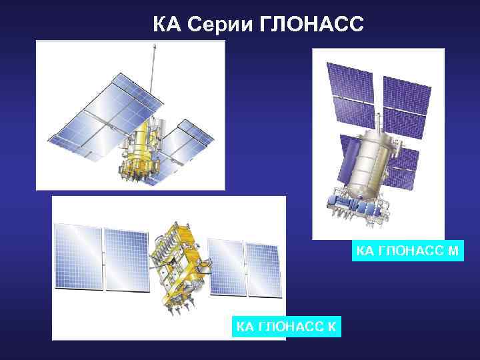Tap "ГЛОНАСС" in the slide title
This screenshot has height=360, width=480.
pos(310,25)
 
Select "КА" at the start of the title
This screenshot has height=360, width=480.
pos(166,25)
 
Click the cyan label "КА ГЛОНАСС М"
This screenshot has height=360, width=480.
pos(407,251)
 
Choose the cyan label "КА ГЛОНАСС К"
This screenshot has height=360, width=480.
pos(287,327)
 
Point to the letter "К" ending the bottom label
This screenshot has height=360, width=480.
pos(332,327)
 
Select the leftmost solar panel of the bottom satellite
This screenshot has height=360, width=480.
pos(77,257)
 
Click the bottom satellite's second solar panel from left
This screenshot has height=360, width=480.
pos(125,260)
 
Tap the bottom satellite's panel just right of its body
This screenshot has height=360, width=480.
pos(227,267)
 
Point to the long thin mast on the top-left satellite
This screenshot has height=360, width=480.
pos(155,73)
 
